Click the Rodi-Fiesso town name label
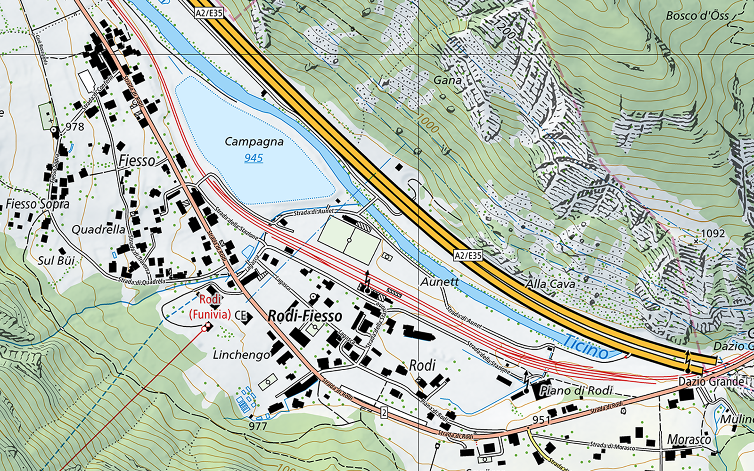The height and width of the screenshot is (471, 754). click(304, 316)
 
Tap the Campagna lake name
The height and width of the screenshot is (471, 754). click(254, 141)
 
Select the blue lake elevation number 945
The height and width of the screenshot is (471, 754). click(254, 158)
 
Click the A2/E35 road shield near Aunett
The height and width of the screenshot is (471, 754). click(468, 255)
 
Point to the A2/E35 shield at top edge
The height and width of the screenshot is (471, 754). click(209, 13)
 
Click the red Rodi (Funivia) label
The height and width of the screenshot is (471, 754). click(210, 307)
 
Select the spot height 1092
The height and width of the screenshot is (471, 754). click(713, 233)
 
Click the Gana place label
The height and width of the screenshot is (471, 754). click(447, 81)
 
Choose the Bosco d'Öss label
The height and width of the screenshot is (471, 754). click(697, 16)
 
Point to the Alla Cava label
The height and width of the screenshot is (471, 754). click(550, 284)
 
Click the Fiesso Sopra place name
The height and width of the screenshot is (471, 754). click(37, 204)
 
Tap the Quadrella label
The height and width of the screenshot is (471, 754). click(98, 229)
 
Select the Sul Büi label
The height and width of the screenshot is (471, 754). click(56, 260)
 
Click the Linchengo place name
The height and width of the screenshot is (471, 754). click(241, 355)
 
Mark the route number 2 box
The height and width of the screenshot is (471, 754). click(385, 413)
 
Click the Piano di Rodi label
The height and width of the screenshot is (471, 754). click(576, 390)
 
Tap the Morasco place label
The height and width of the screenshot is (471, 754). click(688, 439)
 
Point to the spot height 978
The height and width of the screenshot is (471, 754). click(74, 126)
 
